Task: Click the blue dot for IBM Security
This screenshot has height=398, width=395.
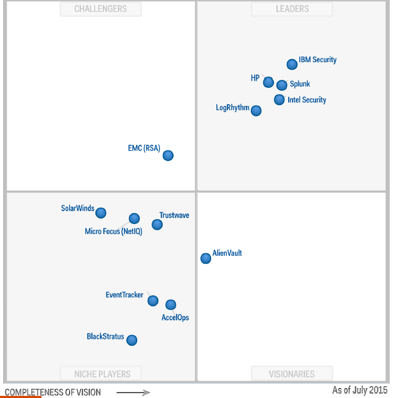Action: click(292, 64)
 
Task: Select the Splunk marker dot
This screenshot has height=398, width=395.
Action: click(282, 85)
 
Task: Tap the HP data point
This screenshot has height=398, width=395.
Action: click(268, 82)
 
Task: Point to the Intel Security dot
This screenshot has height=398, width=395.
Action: click(279, 99)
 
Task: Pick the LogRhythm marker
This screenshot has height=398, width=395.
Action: click(256, 111)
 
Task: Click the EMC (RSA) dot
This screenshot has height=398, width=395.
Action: click(168, 155)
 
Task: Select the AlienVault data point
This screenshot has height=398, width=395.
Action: click(206, 258)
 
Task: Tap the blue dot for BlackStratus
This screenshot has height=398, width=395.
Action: click(132, 340)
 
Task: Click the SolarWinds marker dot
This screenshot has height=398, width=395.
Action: click(101, 213)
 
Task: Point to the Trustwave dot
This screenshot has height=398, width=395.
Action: click(157, 225)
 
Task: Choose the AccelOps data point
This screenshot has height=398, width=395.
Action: click(171, 305)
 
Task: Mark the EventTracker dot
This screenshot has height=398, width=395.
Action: click(153, 301)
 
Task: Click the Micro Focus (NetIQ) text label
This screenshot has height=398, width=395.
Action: click(114, 231)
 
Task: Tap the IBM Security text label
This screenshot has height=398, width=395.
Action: click(317, 60)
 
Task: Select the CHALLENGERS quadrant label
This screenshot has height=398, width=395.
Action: click(100, 9)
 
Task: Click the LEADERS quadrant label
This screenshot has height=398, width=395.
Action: click(292, 9)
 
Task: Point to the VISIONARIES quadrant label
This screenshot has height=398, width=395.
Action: click(292, 374)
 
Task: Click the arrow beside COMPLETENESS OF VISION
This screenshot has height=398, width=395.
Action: click(133, 393)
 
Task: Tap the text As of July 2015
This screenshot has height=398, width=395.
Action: click(360, 391)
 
